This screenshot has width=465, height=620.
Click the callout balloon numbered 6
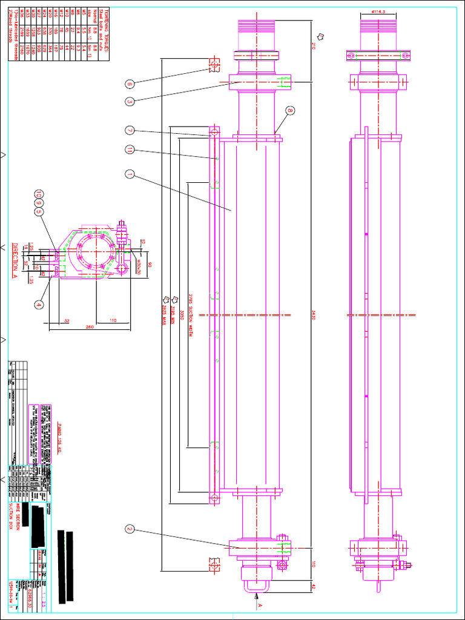[129, 84]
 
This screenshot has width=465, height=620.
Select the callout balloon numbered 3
[129, 101]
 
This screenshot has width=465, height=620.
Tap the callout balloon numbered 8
[291, 111]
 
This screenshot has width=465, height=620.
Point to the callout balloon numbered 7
[129, 130]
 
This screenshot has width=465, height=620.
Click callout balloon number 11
[129, 149]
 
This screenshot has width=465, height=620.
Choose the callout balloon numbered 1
[129, 174]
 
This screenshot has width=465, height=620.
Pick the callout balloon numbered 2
[129, 529]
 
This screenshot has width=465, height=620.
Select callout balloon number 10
[38, 194]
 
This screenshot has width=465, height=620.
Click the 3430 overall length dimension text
[314, 315]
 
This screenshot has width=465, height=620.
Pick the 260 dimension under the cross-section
[90, 328]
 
